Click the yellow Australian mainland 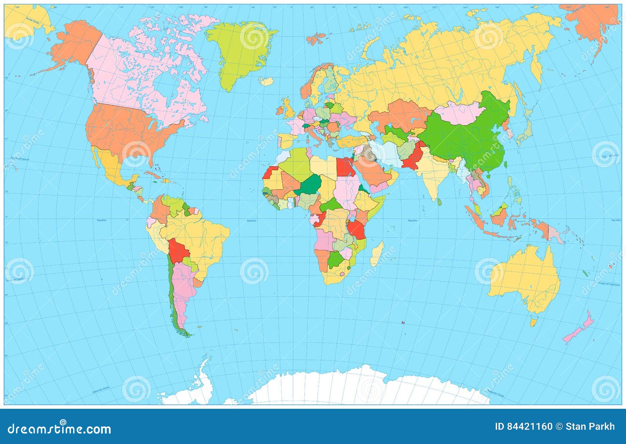pyautogui.click(x=526, y=276)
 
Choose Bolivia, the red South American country pyautogui.click(x=178, y=252)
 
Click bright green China pyautogui.click(x=469, y=139)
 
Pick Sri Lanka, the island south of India pyautogui.click(x=439, y=202)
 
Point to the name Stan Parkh pyautogui.click(x=590, y=426)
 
